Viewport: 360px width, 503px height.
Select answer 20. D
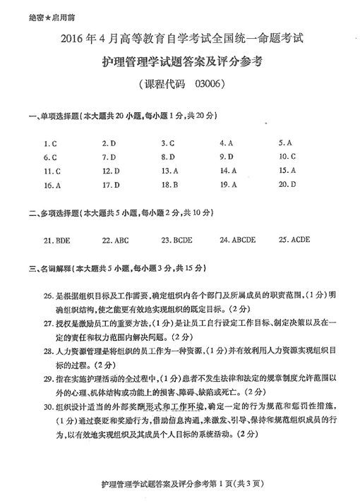tap(287, 184)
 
